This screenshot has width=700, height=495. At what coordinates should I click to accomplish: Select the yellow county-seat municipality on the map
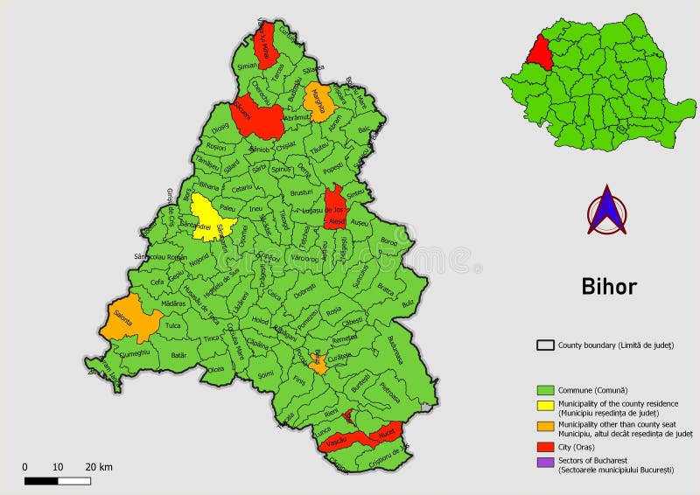210,217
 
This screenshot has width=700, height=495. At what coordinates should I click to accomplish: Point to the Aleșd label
336,222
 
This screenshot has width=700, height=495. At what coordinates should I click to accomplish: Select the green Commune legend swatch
545,389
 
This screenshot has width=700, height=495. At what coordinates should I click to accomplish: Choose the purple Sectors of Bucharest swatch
545,463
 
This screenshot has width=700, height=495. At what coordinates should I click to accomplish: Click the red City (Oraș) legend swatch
545,444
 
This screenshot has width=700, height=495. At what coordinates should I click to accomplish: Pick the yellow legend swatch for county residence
545,405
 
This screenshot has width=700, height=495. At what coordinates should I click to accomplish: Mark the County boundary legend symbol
545,345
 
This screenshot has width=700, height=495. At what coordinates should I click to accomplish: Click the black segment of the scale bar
40,481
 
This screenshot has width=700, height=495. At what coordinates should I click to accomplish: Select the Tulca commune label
172,324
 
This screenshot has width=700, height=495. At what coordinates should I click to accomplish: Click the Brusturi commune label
301,192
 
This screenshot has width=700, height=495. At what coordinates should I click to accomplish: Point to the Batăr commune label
178,355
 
